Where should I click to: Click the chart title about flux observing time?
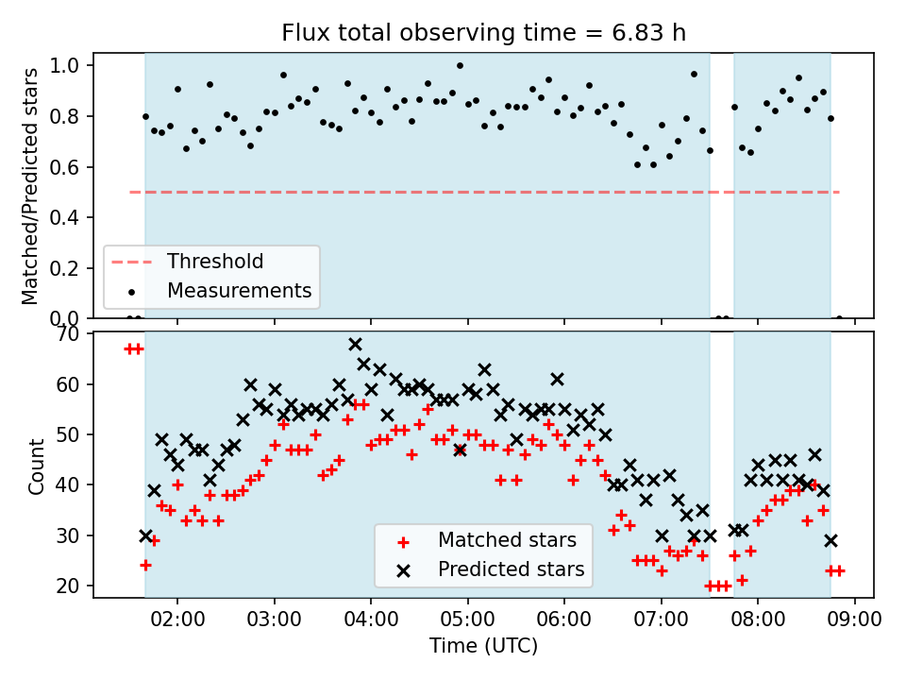click(x=483, y=33)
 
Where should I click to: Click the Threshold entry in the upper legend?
click(x=187, y=262)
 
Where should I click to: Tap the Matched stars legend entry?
click(x=488, y=540)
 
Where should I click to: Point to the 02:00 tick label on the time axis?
click(x=177, y=620)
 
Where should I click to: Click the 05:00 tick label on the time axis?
click(x=467, y=620)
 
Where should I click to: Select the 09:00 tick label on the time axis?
click(x=855, y=620)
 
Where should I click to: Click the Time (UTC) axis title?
click(x=483, y=645)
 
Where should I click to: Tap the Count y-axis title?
click(x=36, y=467)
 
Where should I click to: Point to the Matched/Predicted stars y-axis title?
click(x=29, y=186)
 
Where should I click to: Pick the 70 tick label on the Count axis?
click(x=68, y=334)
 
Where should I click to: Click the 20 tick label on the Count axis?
click(x=68, y=586)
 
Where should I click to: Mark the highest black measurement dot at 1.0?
click(x=460, y=66)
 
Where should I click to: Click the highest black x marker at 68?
click(x=356, y=345)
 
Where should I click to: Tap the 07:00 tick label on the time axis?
click(x=661, y=620)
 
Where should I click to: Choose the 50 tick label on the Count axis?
click(x=68, y=434)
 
